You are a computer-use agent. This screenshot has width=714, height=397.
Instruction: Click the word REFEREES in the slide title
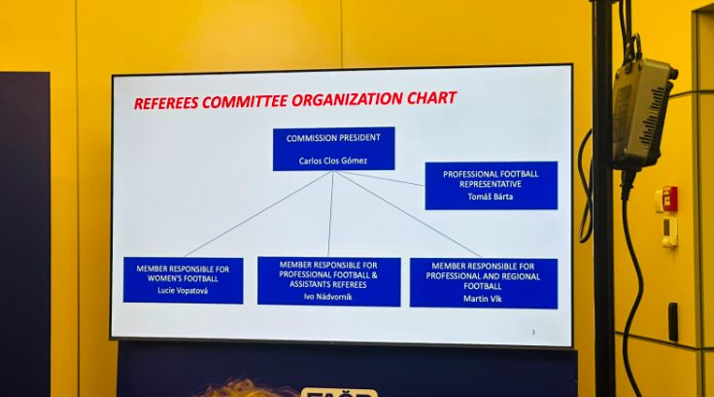166,102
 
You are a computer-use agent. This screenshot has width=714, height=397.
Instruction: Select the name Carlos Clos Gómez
333,161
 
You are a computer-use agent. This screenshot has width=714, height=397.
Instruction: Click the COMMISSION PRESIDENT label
333,138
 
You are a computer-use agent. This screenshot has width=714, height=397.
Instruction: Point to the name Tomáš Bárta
491,197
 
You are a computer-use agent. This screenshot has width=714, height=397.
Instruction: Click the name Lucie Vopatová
183,290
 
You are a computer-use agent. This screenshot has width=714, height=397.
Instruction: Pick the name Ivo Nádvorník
328,297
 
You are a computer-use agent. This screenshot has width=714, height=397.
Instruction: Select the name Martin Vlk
482,299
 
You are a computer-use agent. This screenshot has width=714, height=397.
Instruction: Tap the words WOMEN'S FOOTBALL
183,278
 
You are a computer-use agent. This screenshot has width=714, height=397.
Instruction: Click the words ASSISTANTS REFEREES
328,285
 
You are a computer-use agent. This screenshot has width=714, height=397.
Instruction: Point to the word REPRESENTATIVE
491,184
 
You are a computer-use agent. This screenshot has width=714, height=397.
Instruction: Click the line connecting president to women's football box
258,213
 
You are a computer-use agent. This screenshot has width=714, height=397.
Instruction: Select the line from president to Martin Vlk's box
408,214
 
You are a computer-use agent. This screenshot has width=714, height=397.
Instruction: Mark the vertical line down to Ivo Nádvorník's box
330,213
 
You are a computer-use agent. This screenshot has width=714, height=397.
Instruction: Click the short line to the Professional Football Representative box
380,178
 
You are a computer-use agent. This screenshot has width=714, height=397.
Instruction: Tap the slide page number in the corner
533,332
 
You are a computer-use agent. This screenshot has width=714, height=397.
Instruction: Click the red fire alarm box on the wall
670,198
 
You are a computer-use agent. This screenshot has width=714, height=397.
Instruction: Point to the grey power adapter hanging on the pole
641,114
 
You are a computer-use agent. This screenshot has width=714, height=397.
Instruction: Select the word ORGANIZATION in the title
336,100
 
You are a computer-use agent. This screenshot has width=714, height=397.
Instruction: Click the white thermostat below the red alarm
669,232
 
